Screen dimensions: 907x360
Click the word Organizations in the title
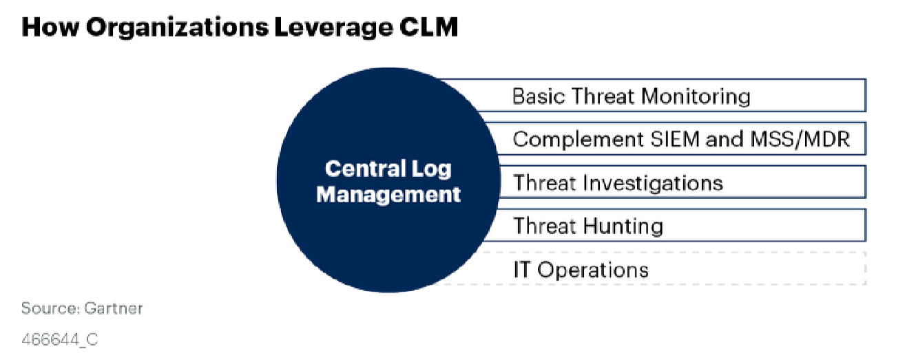177,28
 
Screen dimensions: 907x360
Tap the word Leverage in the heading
333,28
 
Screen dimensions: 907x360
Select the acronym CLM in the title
429,27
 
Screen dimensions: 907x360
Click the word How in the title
50,27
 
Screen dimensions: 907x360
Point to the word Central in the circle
365,169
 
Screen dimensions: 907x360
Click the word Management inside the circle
388,195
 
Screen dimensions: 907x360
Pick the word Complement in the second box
578,140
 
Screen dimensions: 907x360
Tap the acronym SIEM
675,139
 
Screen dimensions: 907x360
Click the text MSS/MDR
800,140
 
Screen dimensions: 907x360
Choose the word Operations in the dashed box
593,271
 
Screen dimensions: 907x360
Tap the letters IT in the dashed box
521,269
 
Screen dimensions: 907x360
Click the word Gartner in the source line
114,308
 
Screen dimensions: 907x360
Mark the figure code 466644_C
59,340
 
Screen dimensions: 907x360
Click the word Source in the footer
50,308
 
